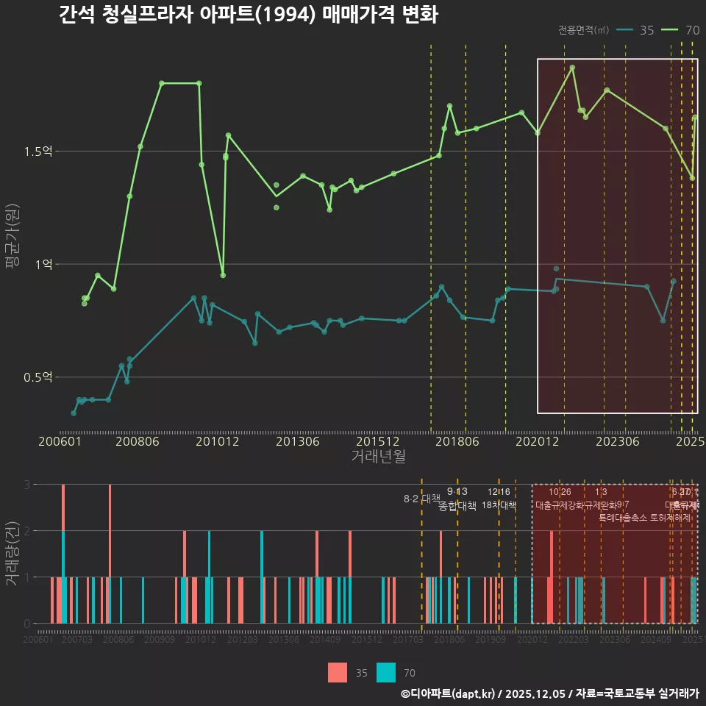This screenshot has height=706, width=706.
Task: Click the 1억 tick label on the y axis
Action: click(44, 264)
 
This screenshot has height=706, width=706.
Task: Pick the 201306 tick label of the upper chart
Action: click(297, 442)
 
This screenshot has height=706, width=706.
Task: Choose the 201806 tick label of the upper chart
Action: click(457, 442)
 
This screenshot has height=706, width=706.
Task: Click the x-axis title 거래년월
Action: click(378, 456)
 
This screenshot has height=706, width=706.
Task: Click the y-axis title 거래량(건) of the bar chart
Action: click(13, 553)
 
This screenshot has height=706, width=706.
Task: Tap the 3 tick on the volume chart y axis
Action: click(26, 485)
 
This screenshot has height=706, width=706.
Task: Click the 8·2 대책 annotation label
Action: click(421, 499)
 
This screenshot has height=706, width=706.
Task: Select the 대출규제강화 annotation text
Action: click(559, 505)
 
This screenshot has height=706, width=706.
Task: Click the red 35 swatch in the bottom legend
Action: click(338, 672)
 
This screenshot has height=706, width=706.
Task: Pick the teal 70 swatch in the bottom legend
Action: click(386, 672)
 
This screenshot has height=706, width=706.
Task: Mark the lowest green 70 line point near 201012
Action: click(223, 275)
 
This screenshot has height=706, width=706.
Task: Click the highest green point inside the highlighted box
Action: click(572, 68)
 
